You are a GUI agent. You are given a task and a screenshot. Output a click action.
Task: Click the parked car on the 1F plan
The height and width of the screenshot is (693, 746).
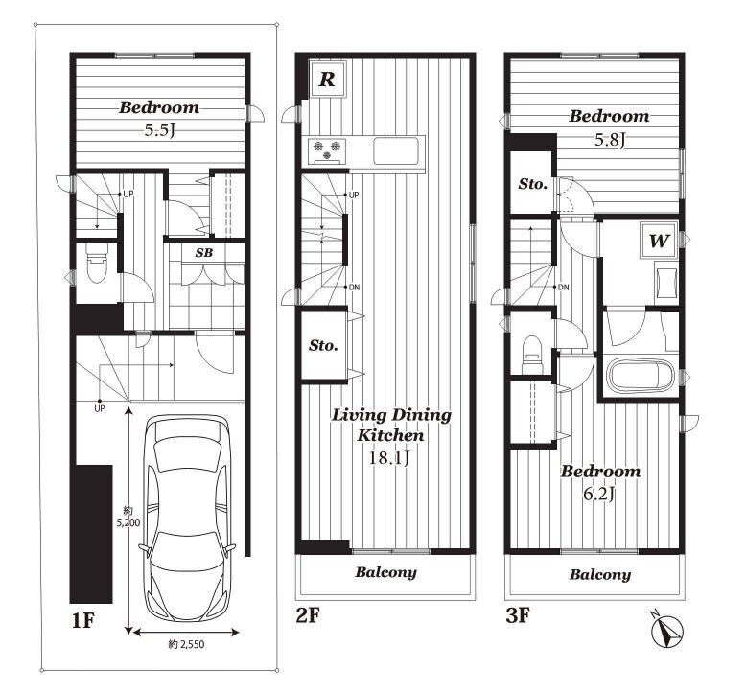click(187, 518)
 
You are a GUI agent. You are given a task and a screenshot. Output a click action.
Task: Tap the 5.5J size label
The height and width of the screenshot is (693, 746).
click(160, 129)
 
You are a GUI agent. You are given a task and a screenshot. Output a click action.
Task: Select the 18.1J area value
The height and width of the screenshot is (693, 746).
click(389, 457)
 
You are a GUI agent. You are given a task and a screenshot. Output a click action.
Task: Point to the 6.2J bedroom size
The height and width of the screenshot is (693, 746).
click(599, 495)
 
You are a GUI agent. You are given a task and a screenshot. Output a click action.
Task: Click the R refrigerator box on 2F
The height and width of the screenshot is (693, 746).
click(327, 79)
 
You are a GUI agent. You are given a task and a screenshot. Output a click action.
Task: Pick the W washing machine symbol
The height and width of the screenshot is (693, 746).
click(659, 241)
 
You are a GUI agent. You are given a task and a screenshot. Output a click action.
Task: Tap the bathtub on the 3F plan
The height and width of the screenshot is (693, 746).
click(641, 376)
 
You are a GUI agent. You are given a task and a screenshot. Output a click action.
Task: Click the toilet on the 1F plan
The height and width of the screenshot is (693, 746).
click(97, 263)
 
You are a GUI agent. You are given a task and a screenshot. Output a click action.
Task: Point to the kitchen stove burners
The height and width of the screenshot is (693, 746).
click(326, 150)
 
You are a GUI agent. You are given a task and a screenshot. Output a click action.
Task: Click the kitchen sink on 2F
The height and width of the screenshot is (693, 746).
click(396, 150)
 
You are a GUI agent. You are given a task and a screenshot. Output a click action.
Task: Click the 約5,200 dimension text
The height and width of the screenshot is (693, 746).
click(128, 517)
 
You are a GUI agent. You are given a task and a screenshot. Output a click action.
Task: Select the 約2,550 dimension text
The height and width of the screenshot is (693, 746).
click(186, 644)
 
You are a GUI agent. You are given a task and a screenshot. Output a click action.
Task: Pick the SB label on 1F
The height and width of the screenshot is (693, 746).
click(204, 252)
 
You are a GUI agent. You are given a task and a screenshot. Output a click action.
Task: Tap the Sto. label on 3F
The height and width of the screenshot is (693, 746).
click(533, 183)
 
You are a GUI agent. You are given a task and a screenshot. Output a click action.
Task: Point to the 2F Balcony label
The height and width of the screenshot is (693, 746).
click(385, 571)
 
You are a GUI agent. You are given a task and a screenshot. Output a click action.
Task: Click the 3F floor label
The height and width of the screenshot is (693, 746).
click(518, 615)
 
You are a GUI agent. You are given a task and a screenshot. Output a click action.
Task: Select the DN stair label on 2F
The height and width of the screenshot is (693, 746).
click(354, 287)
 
